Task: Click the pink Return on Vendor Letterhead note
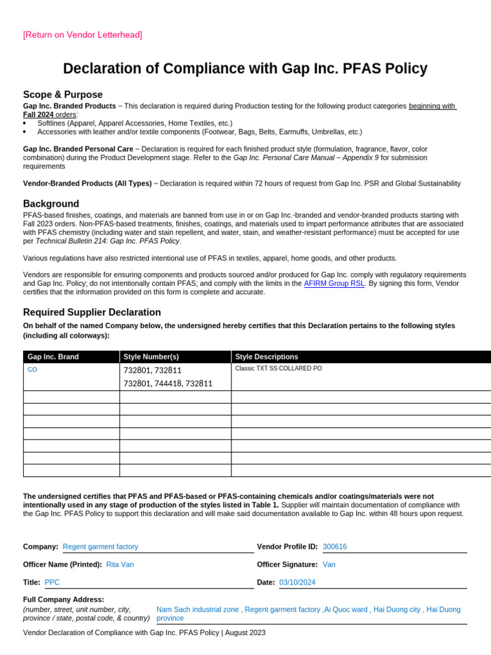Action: (82, 35)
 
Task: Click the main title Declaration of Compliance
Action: (245, 69)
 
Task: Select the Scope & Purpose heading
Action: (63, 95)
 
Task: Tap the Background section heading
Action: (51, 203)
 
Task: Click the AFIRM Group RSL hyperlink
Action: (334, 283)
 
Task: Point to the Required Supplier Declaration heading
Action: (92, 312)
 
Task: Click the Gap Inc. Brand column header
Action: (53, 357)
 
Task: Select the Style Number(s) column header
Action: (151, 357)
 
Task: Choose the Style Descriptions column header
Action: (267, 357)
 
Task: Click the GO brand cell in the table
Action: (32, 370)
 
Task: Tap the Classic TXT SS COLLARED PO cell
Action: (278, 368)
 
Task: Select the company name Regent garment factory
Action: (100, 547)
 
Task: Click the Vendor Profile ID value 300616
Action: (335, 547)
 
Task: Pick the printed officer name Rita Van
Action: (120, 565)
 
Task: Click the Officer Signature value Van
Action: (329, 565)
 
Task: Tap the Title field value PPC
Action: (52, 583)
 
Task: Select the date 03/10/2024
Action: (297, 583)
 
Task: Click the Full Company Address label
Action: (63, 599)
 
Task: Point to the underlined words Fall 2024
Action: (39, 114)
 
